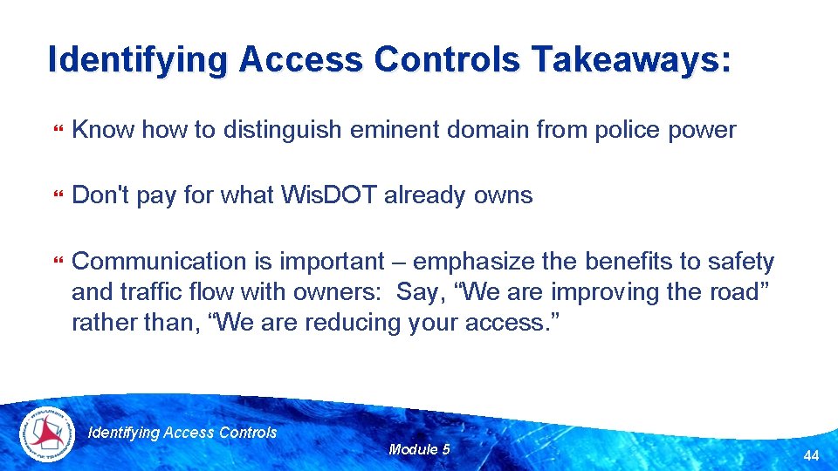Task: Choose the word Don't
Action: coord(99,195)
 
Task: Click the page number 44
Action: coord(811,456)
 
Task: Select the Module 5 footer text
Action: coord(419,449)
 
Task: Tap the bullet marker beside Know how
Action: coord(58,131)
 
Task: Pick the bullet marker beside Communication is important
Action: coord(58,262)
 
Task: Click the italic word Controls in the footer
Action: coord(249,432)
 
